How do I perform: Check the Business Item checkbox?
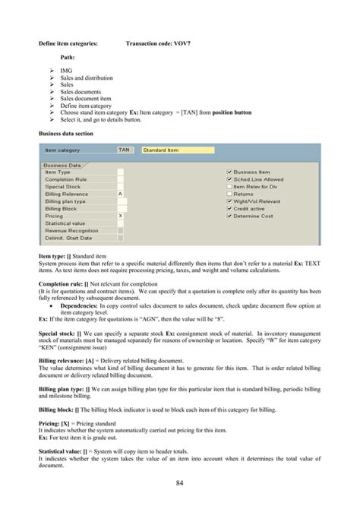[229, 172]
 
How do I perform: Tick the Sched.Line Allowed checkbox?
[229, 179]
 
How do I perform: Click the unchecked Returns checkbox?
[229, 194]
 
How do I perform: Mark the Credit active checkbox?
[229, 208]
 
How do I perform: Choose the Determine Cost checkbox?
[229, 216]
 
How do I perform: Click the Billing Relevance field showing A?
[121, 194]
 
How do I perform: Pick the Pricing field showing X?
[121, 216]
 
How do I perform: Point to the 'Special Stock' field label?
[63, 186]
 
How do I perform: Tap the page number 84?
[180, 483]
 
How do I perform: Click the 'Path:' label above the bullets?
[68, 57]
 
